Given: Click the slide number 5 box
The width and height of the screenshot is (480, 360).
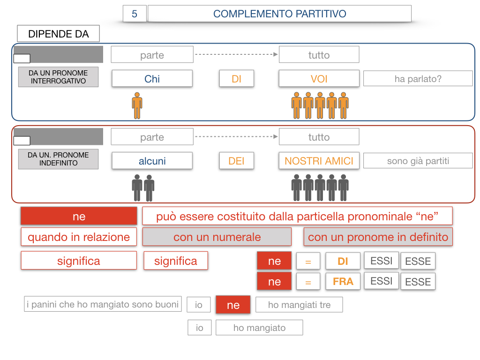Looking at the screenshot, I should [x=135, y=14].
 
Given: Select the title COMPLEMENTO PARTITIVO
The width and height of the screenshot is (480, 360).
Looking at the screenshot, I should [x=279, y=14].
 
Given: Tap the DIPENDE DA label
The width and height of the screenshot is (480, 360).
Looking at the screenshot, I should [x=59, y=34].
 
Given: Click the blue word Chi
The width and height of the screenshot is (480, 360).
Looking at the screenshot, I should [x=152, y=79].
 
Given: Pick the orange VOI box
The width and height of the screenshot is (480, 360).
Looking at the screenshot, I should [x=319, y=79].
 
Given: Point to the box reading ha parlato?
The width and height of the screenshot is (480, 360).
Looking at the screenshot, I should [x=418, y=79].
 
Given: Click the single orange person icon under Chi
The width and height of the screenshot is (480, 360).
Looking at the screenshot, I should [x=137, y=105].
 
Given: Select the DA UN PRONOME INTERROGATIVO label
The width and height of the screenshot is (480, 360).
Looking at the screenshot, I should [x=58, y=77].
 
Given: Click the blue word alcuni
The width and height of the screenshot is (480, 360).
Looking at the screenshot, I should [x=152, y=161].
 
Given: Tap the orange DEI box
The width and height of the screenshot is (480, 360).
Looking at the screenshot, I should [x=236, y=161].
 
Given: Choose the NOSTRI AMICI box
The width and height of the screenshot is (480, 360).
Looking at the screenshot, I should [x=319, y=161].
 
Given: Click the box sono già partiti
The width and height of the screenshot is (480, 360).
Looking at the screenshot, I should [x=418, y=161].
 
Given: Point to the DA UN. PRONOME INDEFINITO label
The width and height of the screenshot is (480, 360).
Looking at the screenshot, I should [x=58, y=159].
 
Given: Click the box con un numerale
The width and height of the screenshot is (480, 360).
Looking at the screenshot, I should [x=217, y=237].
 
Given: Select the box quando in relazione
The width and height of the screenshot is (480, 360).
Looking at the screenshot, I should [x=79, y=237].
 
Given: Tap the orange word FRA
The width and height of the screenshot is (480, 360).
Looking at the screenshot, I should [x=343, y=282].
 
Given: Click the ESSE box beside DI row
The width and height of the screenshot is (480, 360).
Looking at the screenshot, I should [x=418, y=261].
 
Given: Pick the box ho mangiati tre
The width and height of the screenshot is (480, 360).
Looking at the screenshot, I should [x=299, y=305].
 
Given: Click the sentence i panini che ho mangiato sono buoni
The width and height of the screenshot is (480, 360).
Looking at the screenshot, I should [x=103, y=304].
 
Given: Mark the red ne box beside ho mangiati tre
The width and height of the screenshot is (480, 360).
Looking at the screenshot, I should [x=233, y=305].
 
